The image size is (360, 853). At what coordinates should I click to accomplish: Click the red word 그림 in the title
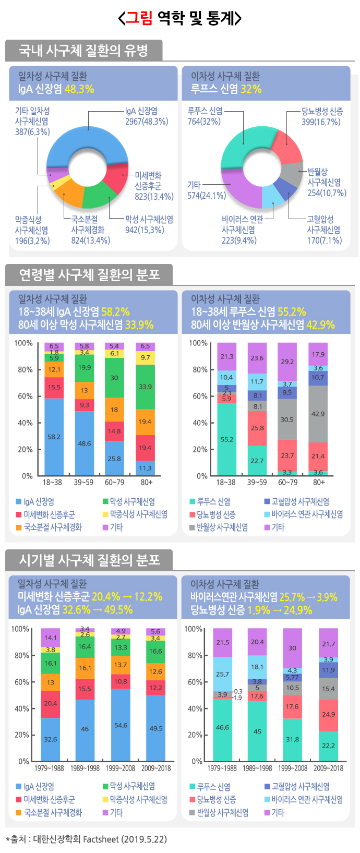[139, 18]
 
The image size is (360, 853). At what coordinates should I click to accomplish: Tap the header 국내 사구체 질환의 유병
[83, 51]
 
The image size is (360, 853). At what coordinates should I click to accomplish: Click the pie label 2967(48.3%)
[147, 122]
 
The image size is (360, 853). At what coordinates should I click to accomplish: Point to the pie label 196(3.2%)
[32, 241]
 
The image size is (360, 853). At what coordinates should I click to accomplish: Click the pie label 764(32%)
[204, 122]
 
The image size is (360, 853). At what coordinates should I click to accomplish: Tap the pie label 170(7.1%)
[324, 241]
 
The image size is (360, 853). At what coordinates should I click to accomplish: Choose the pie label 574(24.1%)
[207, 196]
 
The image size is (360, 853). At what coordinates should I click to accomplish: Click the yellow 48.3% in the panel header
[79, 89]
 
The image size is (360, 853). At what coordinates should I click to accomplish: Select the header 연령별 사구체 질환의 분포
[89, 274]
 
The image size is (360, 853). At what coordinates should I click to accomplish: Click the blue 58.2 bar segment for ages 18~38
[54, 437]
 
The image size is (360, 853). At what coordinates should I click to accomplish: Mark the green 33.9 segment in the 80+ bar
[146, 387]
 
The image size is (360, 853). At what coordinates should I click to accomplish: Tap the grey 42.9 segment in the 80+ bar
[318, 414]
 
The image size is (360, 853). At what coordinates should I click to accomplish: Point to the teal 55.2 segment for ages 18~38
[227, 439]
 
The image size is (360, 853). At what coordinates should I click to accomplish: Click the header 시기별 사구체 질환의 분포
[89, 560]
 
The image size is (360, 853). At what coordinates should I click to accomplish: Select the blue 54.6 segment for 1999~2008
[121, 725]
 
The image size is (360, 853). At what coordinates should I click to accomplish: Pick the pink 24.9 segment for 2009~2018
[328, 715]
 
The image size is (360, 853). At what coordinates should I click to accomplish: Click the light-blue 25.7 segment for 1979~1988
[222, 674]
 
